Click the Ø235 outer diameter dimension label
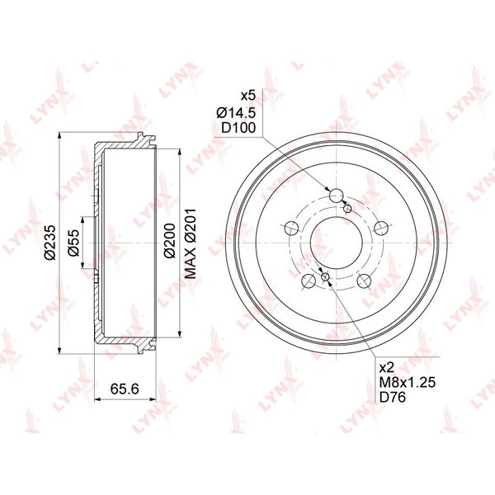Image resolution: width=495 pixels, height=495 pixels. tap(50, 242)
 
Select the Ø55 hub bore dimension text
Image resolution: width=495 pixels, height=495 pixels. tap(74, 243)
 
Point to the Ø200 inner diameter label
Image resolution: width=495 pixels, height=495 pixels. tap(169, 241)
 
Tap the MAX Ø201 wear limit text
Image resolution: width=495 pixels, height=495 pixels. tap(191, 243)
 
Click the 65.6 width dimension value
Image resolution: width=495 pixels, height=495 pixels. tap(125, 389)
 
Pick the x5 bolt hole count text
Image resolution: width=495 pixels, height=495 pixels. tap(247, 96)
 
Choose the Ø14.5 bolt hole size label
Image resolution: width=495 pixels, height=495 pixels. tap(236, 112)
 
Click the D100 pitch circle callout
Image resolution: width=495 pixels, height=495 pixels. tap(238, 128)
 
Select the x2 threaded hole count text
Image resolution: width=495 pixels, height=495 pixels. tap(387, 367)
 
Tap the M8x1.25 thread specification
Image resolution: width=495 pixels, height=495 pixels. tap(408, 382)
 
